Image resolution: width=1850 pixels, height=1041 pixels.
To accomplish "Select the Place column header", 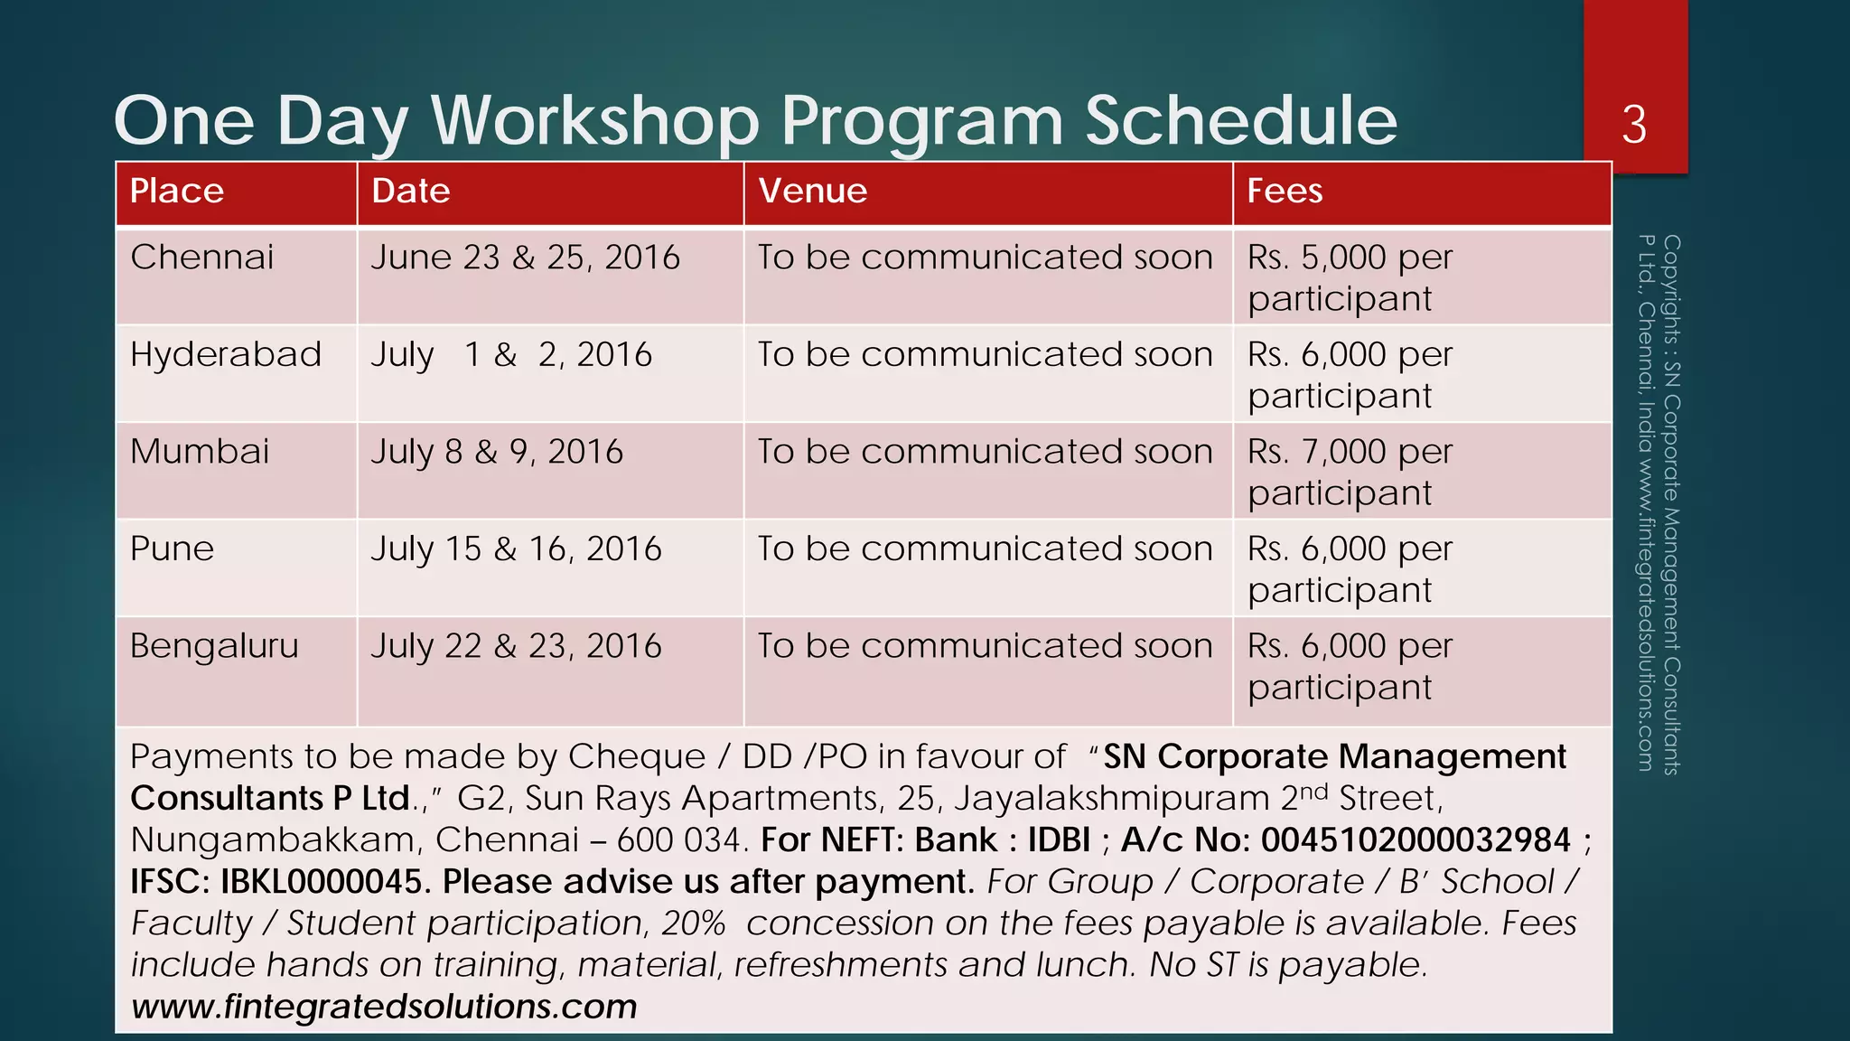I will (x=177, y=192).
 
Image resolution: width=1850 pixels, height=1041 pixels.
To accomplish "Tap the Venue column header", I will (x=813, y=192).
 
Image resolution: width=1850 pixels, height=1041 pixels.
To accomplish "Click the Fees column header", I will (x=1285, y=192).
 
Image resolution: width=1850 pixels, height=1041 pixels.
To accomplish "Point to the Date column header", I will (x=411, y=192).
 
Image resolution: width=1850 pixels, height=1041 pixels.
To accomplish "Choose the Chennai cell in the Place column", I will (x=201, y=258).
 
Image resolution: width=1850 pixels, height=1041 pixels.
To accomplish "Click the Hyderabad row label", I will (x=226, y=354).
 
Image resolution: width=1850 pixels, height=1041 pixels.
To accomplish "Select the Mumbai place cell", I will (x=200, y=452).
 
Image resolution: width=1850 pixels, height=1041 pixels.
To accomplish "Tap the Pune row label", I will (x=173, y=549).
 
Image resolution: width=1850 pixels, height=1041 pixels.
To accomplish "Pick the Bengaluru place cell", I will (x=214, y=646).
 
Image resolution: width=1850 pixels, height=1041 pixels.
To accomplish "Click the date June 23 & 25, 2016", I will (x=525, y=258).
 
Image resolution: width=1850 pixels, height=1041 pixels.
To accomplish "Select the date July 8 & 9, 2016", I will (x=497, y=452).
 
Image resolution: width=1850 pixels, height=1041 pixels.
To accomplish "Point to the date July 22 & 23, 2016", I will (x=516, y=646).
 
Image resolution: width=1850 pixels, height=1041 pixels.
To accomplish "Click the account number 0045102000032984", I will (x=1416, y=840).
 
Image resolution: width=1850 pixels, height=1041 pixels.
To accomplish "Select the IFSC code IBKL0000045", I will (x=321, y=882).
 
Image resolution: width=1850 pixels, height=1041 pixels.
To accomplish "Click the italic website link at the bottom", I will (x=384, y=1007).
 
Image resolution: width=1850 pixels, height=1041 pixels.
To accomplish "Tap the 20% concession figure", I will (x=693, y=924).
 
